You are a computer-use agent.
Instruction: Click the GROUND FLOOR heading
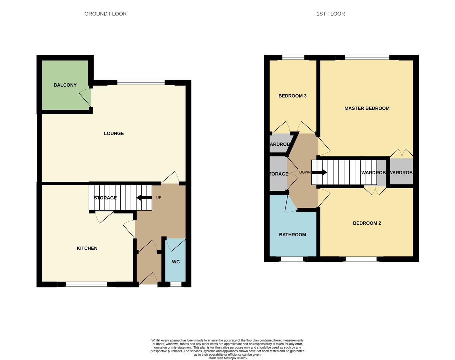(x=105, y=14)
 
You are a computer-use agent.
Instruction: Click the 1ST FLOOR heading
(x=330, y=14)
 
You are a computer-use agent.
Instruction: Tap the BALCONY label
(x=65, y=85)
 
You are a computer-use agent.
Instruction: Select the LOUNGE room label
(x=114, y=133)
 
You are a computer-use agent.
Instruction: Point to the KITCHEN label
(x=87, y=248)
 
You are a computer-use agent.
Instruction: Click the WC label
(x=176, y=262)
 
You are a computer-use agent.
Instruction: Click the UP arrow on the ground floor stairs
(x=144, y=198)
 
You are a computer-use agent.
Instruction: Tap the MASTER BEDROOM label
(x=367, y=108)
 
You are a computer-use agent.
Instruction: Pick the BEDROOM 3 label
(x=292, y=96)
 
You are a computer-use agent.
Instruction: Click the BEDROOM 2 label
(x=367, y=223)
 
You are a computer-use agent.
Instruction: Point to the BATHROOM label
(x=292, y=235)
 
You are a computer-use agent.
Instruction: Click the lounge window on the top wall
(x=141, y=82)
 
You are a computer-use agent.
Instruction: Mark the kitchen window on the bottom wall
(x=87, y=284)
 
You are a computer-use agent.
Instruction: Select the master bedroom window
(x=367, y=57)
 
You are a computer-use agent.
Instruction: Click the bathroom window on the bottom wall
(x=292, y=259)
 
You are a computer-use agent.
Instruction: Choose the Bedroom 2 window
(x=361, y=259)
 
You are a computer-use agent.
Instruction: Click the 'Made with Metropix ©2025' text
(x=227, y=358)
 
